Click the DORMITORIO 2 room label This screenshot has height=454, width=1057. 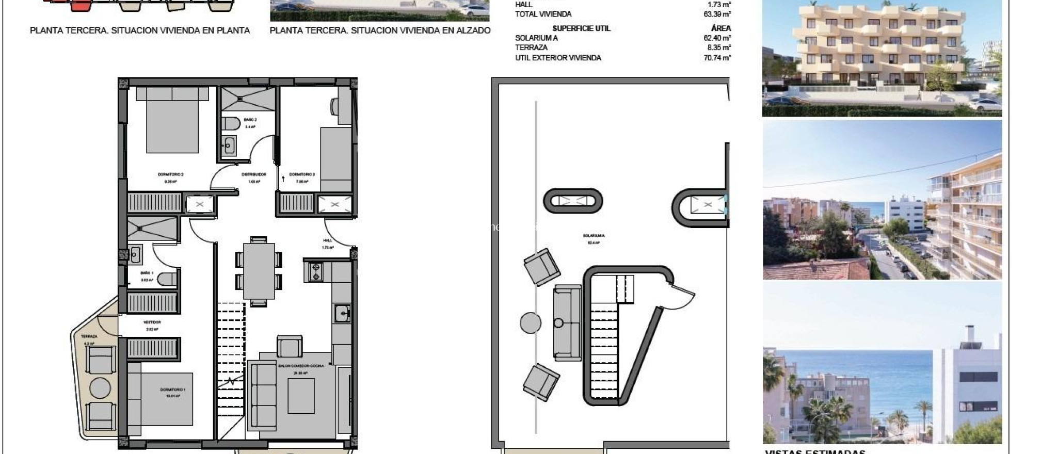click(170, 174)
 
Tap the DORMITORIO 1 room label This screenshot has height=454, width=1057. click(172, 390)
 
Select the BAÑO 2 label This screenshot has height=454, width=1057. click(250, 120)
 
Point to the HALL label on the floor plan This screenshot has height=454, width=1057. click(328, 240)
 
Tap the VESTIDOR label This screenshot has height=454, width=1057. click(152, 322)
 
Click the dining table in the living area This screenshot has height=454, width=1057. click(259, 271)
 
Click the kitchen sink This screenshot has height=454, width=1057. click(342, 313)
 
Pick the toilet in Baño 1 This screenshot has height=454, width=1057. click(166, 279)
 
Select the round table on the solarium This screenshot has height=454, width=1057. click(531, 323)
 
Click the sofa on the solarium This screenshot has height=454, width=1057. click(567, 322)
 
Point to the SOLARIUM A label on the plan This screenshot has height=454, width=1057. click(594, 235)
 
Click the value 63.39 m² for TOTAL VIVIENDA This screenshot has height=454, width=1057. click(717, 14)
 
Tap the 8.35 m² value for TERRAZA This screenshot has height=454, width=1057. click(719, 47)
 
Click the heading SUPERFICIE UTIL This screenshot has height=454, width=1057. click(581, 28)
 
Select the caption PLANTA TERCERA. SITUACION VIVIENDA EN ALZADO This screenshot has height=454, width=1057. click(380, 30)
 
